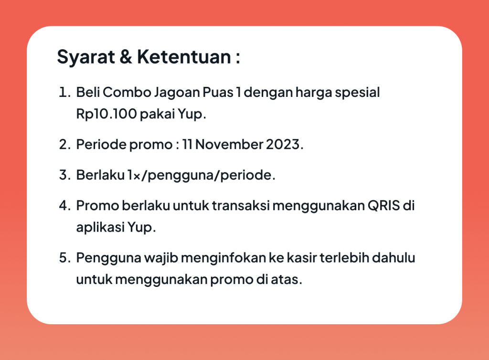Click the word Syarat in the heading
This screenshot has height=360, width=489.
[86, 57]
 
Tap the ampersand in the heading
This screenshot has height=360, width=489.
[126, 57]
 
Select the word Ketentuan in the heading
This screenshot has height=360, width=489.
[184, 57]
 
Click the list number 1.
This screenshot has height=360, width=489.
[64, 93]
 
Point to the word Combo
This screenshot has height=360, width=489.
[127, 92]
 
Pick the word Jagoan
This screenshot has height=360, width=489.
[177, 94]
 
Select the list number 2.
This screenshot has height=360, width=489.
[65, 145]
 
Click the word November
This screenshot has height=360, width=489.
[229, 144]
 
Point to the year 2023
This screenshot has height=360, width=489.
[283, 145]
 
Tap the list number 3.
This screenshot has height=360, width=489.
[65, 175]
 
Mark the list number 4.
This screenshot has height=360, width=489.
[65, 206]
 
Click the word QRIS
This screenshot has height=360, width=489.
[384, 206]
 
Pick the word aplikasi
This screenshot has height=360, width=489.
[100, 228]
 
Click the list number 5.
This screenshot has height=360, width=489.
[65, 258]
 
